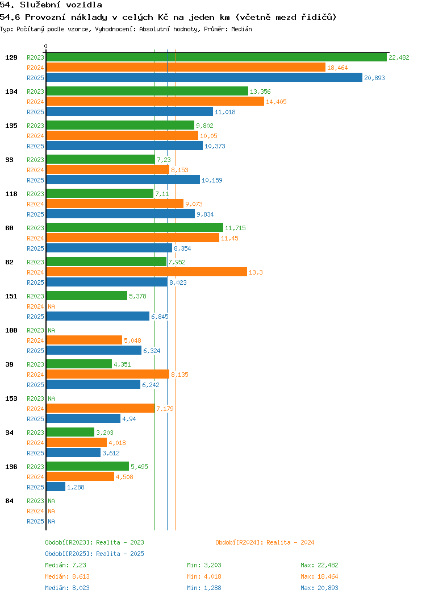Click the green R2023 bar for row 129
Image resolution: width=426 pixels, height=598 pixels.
click(x=216, y=57)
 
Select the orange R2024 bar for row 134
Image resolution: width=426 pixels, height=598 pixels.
click(x=154, y=101)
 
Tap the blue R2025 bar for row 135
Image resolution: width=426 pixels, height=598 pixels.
click(x=124, y=146)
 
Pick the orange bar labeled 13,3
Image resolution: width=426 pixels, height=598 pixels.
click(x=146, y=272)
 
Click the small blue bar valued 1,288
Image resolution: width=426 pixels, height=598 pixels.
click(x=56, y=487)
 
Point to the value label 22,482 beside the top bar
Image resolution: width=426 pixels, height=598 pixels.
click(x=399, y=57)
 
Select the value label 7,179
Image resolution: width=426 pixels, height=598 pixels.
click(x=165, y=409)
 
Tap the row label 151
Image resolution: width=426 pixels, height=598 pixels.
click(x=11, y=296)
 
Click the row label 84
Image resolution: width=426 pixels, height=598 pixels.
click(x=9, y=501)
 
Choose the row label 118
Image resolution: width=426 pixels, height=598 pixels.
click(x=11, y=194)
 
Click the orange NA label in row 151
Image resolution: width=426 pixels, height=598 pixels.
click(x=51, y=306)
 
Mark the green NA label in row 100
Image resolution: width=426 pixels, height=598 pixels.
click(x=51, y=330)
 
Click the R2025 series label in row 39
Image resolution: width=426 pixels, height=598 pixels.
click(x=35, y=385)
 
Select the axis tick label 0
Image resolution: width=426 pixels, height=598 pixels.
click(x=46, y=46)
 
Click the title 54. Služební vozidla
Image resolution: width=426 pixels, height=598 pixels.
click(x=51, y=5)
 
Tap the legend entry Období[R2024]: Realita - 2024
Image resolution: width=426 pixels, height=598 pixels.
click(x=265, y=542)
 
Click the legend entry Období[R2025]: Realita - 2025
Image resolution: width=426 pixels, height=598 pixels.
click(x=94, y=554)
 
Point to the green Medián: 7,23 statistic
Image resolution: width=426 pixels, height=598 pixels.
click(x=65, y=565)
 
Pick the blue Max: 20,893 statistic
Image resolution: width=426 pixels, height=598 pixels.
click(x=319, y=588)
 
